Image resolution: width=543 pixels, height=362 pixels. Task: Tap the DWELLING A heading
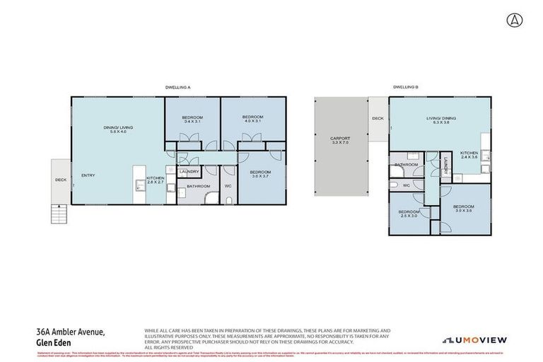[x=178, y=87]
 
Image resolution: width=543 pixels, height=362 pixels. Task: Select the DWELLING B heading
[x=406, y=87]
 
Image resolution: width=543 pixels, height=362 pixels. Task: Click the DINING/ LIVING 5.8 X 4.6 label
[x=118, y=129]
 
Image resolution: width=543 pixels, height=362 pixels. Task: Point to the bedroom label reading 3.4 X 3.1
[x=192, y=119]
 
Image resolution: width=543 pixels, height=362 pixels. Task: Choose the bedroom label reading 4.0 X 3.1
[x=252, y=119]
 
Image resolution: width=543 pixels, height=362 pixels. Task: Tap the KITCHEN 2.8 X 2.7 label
[x=155, y=180]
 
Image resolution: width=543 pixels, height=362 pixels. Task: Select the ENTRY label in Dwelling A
[x=88, y=175]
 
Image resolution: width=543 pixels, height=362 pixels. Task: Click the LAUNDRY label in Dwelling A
[x=189, y=171]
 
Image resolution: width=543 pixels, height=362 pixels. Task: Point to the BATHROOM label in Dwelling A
[x=199, y=187]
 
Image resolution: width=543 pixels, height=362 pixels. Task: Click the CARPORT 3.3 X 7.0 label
[x=341, y=141]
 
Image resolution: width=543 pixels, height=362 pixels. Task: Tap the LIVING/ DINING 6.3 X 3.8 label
[x=438, y=120]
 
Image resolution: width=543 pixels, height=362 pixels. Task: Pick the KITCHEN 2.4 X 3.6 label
[x=469, y=156]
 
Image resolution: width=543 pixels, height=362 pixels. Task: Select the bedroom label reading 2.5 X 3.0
[x=409, y=215]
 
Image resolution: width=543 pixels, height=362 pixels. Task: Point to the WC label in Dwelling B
[x=406, y=186]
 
